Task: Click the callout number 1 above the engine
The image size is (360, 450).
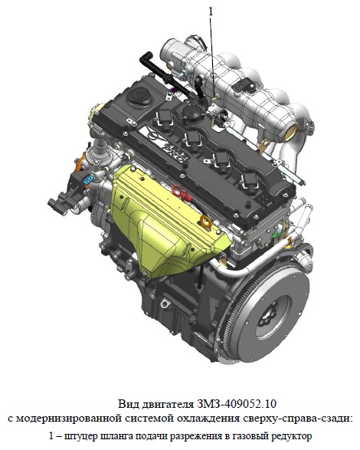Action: pos(211,11)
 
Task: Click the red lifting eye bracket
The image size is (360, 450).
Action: pos(182,192)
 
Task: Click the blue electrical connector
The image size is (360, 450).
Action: pos(88,179)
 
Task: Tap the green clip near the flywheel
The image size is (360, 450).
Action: pos(276,234)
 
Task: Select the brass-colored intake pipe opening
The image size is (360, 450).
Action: pos(291,133)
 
